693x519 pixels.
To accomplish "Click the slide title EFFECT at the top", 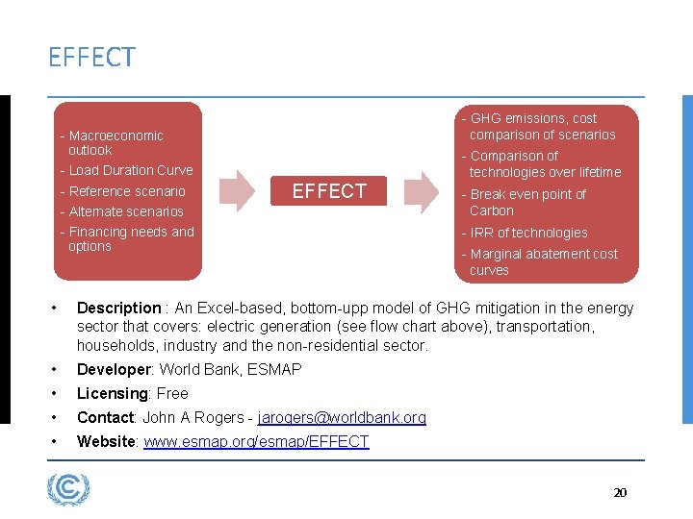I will (91, 58).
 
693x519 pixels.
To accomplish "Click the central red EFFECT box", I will (329, 191).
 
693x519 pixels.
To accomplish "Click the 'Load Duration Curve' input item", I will (130, 170).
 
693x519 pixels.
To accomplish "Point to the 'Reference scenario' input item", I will (126, 190).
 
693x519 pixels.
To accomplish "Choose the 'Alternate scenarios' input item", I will (125, 211).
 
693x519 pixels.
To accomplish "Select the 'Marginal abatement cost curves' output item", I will (543, 261).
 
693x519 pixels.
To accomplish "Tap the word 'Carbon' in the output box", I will (492, 210).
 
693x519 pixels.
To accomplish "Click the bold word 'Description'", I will (118, 309).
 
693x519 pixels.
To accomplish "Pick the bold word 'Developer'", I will (114, 370).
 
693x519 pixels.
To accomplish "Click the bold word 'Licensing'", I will (109, 393).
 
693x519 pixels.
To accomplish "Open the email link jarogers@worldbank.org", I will (342, 417).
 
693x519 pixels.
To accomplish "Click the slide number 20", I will (620, 492).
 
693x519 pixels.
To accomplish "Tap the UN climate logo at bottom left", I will (68, 490).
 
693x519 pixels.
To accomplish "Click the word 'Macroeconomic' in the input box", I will (116, 136).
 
